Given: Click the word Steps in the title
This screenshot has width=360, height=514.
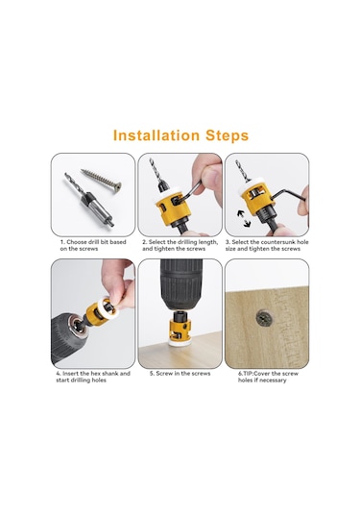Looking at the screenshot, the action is pos(227,136).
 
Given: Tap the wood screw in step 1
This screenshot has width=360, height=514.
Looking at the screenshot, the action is pos(101,182).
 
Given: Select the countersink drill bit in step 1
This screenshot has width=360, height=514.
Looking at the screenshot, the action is pos(89,200).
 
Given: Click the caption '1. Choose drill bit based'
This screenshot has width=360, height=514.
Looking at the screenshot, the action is pos(93,242).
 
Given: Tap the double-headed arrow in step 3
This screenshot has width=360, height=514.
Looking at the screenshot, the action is pos(244,218).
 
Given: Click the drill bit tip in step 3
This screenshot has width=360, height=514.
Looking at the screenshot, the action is pos(237,162).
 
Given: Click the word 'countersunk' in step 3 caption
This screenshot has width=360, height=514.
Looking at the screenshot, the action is pos(270,242).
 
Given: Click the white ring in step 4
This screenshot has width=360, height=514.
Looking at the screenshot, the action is pos(106,307).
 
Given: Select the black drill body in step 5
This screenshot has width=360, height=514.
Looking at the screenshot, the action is pos(180,284).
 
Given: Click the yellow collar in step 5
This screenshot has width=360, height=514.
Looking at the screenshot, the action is pos(180,330).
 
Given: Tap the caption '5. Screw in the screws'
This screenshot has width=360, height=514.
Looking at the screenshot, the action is pos(180,374).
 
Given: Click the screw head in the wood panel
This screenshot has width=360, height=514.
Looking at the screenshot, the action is pos(264,317).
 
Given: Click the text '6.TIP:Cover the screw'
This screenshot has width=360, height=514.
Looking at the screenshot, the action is pos(268,374).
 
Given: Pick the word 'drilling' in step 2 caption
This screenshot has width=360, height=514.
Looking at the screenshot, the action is pos(184,242).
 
